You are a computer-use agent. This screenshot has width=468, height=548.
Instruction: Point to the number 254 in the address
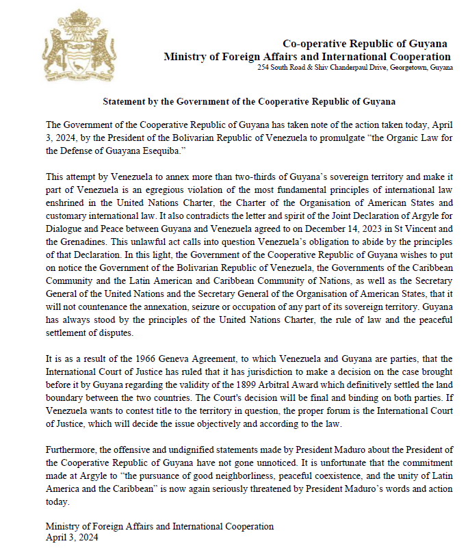click(x=263, y=68)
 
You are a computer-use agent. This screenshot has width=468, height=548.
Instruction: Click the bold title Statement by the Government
click(x=249, y=101)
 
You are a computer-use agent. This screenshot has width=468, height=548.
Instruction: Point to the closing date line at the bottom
click(x=73, y=538)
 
